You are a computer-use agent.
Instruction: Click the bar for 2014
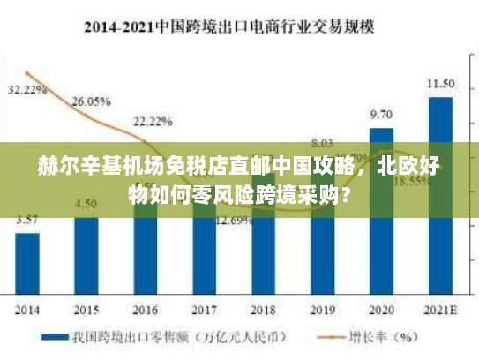point(27,263)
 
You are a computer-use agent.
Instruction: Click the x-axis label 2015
point(86,310)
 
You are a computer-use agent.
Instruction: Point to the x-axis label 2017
point(204,310)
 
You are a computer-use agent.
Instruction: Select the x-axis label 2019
point(323,310)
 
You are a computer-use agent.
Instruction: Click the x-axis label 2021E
point(441,310)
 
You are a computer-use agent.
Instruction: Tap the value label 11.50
point(441,84)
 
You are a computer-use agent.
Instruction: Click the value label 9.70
point(381,114)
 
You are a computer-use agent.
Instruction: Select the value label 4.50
point(86,204)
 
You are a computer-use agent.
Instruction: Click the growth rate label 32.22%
point(27,90)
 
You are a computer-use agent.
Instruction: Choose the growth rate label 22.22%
point(153,121)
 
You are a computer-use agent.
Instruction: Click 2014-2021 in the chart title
point(118,26)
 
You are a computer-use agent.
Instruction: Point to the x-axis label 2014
point(27,310)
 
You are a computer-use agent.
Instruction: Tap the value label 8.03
point(322,143)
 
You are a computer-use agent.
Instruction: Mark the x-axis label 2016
point(146,310)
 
